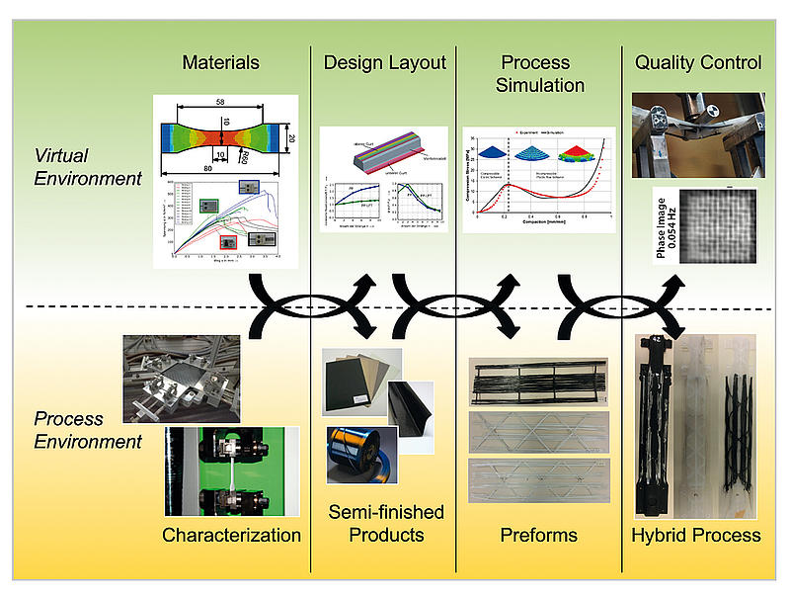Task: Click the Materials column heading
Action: [x=220, y=63]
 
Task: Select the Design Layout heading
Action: [x=385, y=63]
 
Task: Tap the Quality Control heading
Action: [x=698, y=63]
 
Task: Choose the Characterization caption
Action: [x=232, y=536]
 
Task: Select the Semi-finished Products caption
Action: [x=386, y=524]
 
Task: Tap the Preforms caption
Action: [x=538, y=536]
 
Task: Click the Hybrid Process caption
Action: [x=696, y=536]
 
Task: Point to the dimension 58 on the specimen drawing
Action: [x=220, y=103]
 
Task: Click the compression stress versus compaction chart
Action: [x=538, y=181]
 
